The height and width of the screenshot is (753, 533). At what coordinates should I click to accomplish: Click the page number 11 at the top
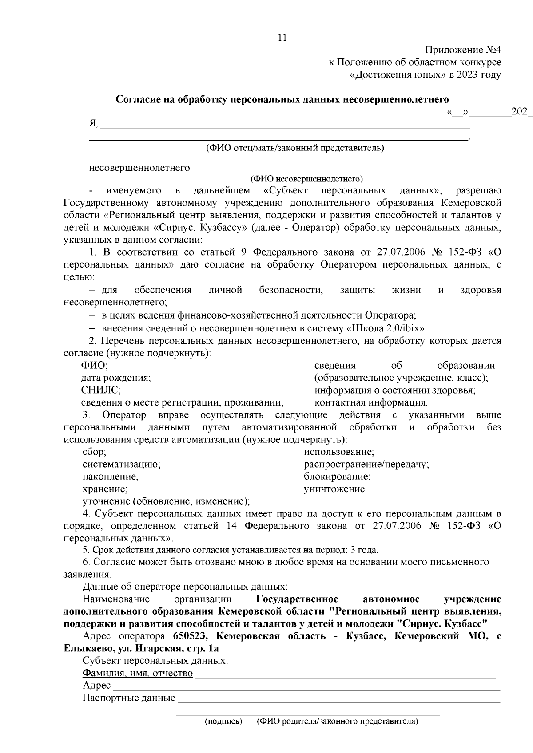tap(282, 38)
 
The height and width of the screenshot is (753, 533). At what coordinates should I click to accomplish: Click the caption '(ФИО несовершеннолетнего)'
tap(306, 179)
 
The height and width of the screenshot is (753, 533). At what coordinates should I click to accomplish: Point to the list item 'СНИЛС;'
tap(101, 390)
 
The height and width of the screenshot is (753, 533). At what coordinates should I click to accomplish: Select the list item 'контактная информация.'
tap(371, 402)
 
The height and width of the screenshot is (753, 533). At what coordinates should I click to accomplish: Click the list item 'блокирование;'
tap(337, 477)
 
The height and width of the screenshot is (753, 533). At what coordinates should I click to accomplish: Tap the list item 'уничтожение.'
tap(335, 489)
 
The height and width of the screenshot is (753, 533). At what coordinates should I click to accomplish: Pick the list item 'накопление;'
tap(111, 477)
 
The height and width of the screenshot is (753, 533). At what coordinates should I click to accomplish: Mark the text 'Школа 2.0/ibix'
tap(387, 328)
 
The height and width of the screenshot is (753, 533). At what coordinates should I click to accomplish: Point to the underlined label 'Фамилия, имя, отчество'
tap(138, 673)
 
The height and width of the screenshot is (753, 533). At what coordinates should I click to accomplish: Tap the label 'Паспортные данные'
tap(129, 698)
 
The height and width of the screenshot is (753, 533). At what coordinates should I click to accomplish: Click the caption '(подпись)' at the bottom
tap(223, 721)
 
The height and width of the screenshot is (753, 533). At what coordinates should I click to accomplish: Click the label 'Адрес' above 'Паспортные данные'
tap(96, 686)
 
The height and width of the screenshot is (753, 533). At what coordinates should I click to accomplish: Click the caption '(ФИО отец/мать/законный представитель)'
tap(294, 147)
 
